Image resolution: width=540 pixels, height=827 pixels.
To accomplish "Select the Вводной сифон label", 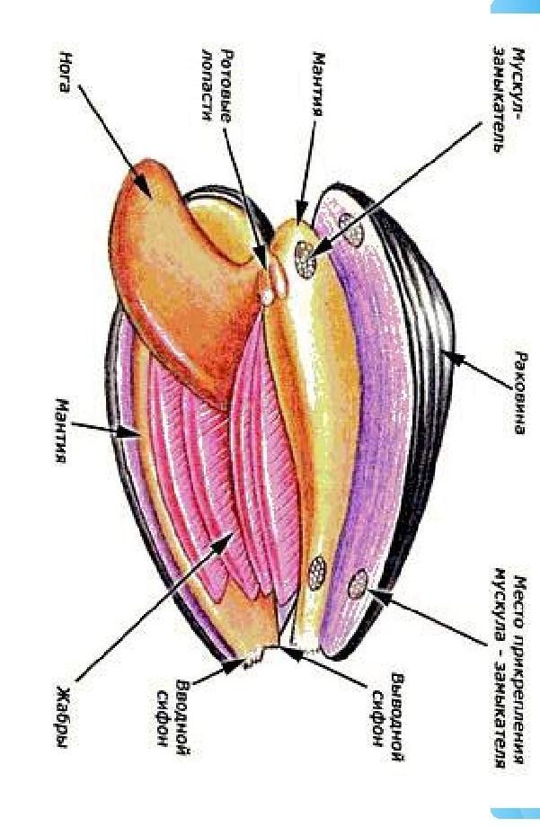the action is (176, 711).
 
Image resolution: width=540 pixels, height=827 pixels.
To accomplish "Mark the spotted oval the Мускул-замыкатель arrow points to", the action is (306, 262).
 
